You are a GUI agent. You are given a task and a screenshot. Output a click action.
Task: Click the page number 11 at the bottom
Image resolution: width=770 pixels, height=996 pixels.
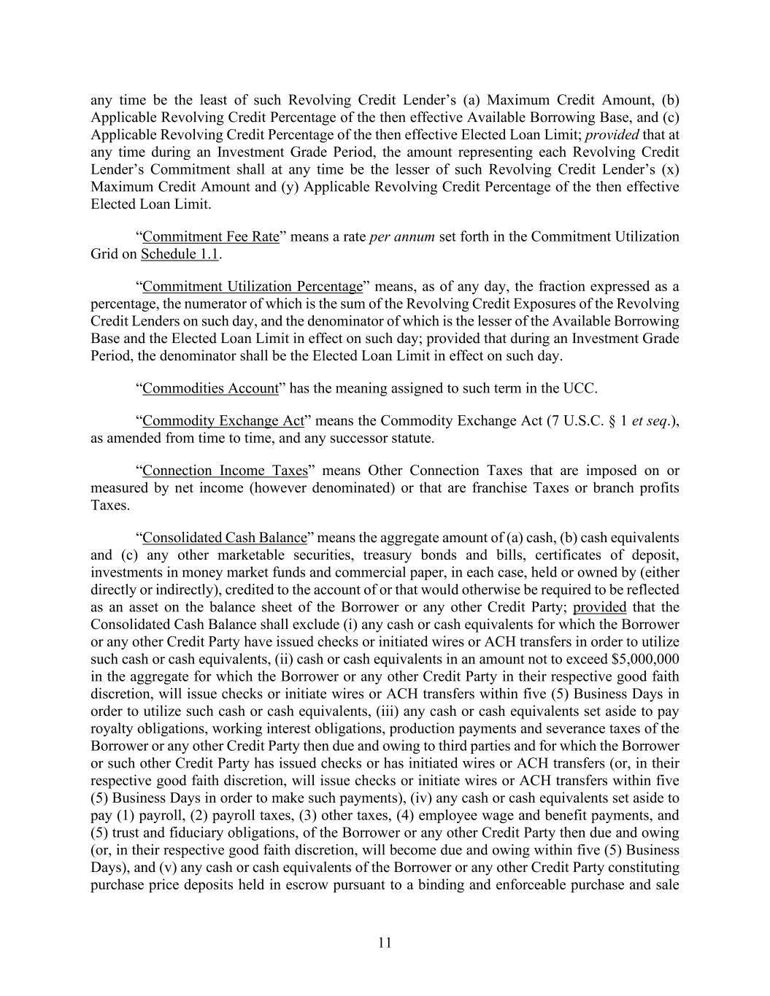pos(385,942)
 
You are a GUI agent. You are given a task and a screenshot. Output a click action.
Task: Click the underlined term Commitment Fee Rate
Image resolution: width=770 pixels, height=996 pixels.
pos(211,237)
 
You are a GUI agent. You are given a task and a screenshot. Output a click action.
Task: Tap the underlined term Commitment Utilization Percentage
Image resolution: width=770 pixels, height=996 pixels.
pos(253,287)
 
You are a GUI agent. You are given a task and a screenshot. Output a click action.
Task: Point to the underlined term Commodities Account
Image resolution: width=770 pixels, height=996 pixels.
pos(210,389)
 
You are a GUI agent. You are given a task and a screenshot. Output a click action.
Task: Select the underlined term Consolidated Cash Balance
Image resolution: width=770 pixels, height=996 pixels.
pos(224,538)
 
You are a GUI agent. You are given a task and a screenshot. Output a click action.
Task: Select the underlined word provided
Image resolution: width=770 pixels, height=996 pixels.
pos(600,607)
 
